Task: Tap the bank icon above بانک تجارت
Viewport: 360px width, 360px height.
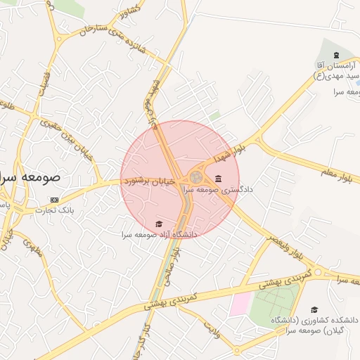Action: [x=55, y=200]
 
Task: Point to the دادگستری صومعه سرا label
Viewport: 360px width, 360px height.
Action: [x=218, y=189]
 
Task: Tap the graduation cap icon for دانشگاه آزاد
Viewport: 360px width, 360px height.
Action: [x=158, y=224]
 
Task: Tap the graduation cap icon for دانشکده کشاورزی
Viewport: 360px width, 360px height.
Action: [x=314, y=309]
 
